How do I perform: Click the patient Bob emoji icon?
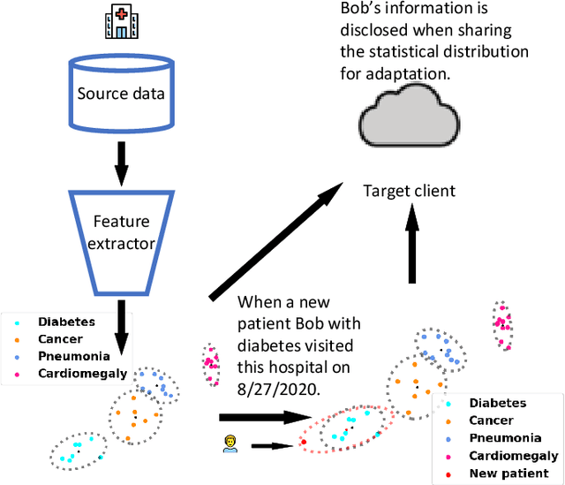pos(230,443)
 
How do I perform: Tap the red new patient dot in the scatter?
pos(304,440)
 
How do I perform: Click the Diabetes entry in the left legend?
pos(65,322)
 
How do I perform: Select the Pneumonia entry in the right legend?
pos(504,437)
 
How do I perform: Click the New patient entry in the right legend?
pos(508,473)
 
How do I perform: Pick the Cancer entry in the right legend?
pos(492,421)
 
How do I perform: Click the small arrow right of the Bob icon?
pos(271,446)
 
